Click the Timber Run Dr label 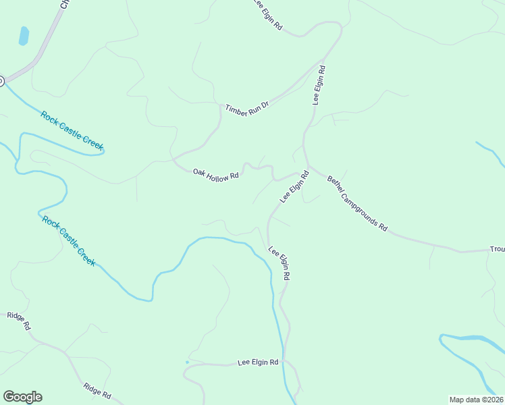[x=247, y=109]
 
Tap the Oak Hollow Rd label [x=216, y=174]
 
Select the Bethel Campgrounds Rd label [x=357, y=204]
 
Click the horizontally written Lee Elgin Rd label [x=258, y=363]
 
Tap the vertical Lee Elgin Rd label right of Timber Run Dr [x=319, y=85]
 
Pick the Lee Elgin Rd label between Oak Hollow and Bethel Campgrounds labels [x=294, y=187]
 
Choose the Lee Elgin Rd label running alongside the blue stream [x=280, y=263]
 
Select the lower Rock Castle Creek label [x=69, y=240]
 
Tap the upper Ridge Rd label [x=19, y=320]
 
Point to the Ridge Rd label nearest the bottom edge [x=97, y=391]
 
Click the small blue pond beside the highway [x=24, y=36]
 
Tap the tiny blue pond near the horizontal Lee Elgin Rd [x=187, y=362]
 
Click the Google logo [x=22, y=397]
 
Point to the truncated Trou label [x=497, y=250]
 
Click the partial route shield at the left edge [x=1, y=81]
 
